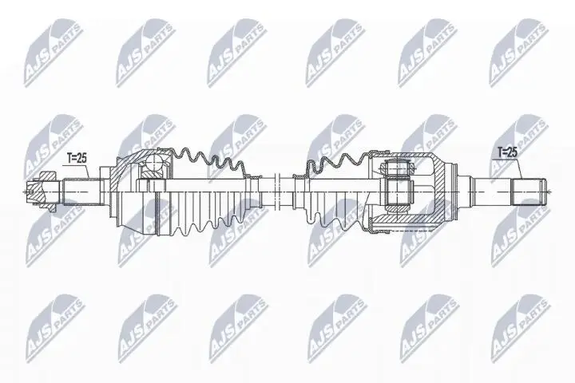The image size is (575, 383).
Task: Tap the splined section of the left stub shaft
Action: tap(81, 191)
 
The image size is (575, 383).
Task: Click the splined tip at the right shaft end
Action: tap(529, 192)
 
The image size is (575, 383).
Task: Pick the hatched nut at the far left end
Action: tap(35, 191)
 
